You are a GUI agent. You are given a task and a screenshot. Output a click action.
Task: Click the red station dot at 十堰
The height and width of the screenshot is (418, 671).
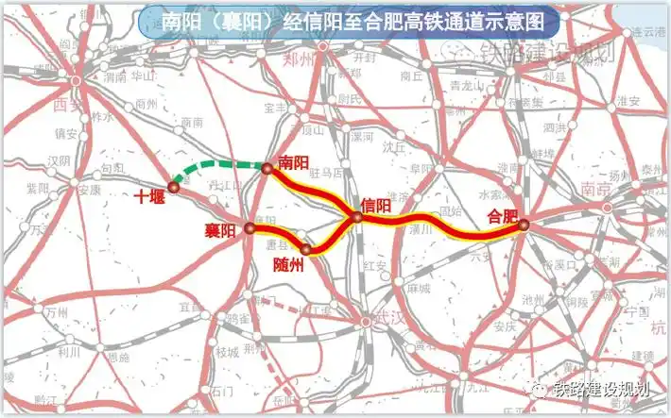coord(173,187)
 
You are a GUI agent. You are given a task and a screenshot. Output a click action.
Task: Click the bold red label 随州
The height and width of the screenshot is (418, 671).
coord(286,263)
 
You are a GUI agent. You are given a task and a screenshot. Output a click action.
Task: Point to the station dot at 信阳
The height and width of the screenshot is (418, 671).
coord(357,218)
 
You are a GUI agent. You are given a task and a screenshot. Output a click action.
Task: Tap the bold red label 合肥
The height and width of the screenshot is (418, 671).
coord(502,215)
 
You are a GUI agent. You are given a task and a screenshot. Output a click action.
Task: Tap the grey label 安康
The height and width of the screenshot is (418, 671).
coord(89,189)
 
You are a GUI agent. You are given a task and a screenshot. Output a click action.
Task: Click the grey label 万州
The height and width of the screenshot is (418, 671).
coord(56,310)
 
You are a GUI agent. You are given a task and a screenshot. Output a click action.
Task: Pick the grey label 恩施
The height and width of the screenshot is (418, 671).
coord(119,358)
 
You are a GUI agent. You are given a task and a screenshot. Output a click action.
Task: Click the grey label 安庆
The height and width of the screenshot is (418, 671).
coord(506,326)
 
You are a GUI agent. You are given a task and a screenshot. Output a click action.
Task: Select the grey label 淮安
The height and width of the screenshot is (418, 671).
coord(629,101)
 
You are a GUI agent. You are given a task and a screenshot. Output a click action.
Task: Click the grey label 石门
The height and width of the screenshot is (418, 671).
coord(221,390)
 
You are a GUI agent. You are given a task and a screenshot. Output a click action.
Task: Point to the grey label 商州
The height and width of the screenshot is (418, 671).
coord(146,104)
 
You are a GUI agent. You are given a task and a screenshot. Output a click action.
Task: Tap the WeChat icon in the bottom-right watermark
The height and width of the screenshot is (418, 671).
coord(538,388)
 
